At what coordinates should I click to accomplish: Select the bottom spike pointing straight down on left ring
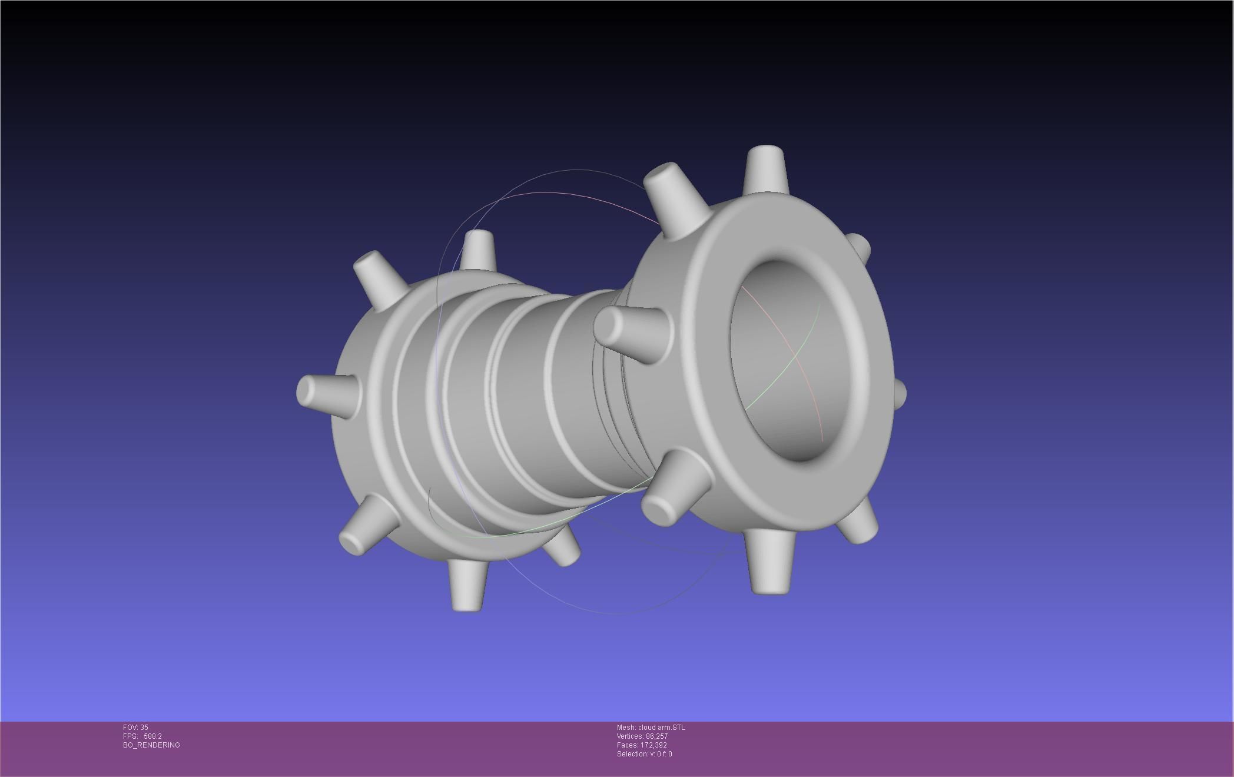coord(468,586)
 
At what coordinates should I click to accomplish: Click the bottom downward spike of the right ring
coord(770,562)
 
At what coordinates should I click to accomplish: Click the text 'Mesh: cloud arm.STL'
coord(651,728)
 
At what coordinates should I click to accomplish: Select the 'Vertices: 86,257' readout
coord(642,736)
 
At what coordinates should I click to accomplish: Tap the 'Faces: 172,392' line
coord(642,745)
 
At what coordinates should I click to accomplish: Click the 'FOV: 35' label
coord(135,728)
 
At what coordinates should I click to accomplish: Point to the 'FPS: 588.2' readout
coord(142,736)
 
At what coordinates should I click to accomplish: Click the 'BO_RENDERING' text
coord(151,745)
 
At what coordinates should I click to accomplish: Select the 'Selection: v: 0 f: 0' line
coord(644,754)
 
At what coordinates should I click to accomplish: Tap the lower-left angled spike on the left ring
coord(365,527)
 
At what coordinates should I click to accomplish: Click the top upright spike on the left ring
coord(477,250)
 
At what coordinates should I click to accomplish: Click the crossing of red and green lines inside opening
coord(796,355)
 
